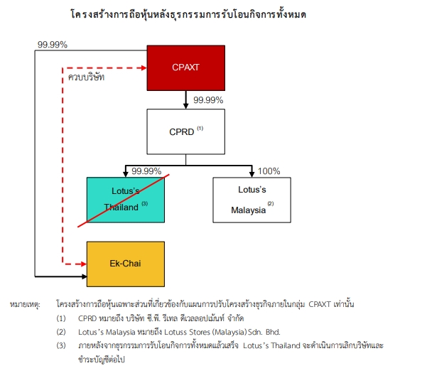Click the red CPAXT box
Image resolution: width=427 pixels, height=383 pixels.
[185, 68]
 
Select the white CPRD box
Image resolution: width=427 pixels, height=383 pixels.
[185, 131]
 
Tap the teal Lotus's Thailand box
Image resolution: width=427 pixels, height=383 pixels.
[126, 200]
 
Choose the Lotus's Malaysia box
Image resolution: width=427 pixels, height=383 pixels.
[252, 200]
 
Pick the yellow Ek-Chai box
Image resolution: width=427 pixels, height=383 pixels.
[126, 264]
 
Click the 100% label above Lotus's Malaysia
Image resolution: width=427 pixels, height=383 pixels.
[269, 171]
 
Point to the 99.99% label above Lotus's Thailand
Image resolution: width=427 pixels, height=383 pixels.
[146, 171]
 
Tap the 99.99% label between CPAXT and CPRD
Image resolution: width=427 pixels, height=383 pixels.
[208, 100]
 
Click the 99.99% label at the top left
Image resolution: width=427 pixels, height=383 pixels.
[53, 45]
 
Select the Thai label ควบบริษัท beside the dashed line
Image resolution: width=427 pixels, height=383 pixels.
[86, 77]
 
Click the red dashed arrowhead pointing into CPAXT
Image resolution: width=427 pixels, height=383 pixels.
[144, 68]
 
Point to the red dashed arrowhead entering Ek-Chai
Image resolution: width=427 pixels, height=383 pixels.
[84, 264]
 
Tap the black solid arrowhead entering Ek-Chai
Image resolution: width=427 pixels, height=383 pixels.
[84, 276]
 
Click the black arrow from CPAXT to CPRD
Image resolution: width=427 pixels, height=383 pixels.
[185, 99]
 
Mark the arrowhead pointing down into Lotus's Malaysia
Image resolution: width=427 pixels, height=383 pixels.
[252, 174]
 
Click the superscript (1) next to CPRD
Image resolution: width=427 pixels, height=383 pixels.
[200, 128]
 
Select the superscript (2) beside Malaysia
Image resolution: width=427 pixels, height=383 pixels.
[271, 203]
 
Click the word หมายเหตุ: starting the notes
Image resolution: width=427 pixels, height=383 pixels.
[25, 304]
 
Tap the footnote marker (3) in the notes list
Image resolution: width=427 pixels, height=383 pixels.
[61, 345]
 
